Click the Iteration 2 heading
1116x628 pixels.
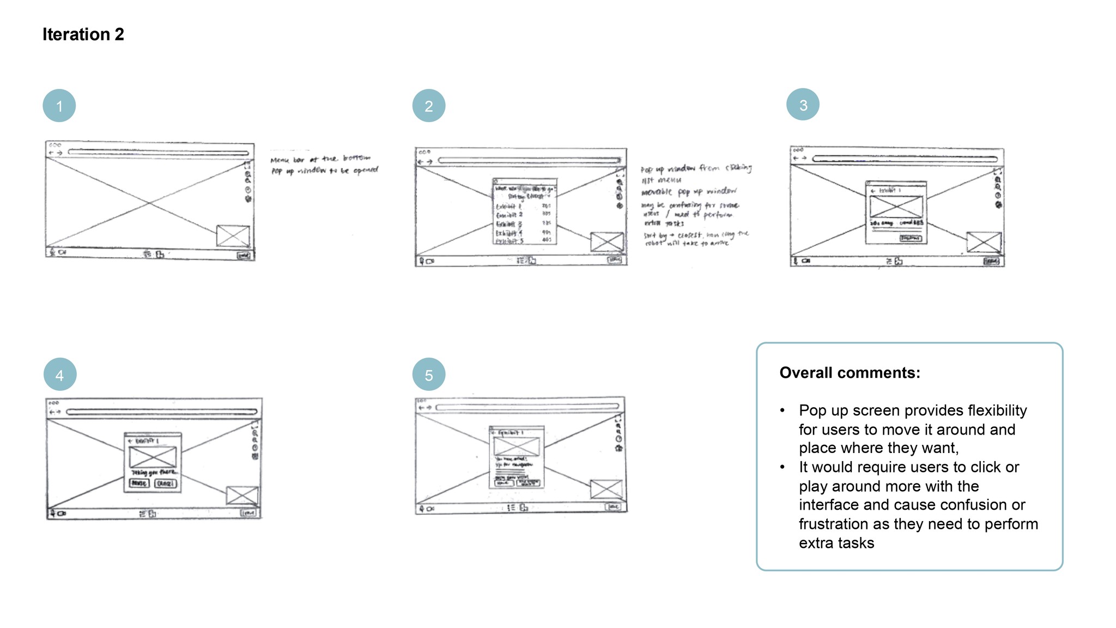[x=83, y=34]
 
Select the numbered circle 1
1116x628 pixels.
[x=59, y=106]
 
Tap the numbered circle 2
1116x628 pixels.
[x=429, y=106]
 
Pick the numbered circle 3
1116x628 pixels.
[x=803, y=105]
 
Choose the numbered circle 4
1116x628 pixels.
[x=60, y=375]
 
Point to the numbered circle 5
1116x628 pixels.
[x=429, y=375]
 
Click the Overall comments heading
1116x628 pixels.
[x=850, y=373]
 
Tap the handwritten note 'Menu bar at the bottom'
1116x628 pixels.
[x=320, y=159]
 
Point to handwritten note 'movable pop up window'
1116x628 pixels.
[x=689, y=192]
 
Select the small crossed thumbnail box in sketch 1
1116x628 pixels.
[x=233, y=236]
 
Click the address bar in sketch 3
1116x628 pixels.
[x=905, y=159]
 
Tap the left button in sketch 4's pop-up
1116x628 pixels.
[x=139, y=484]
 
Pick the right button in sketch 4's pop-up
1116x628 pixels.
[x=166, y=484]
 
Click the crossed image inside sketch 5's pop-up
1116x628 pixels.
[x=516, y=446]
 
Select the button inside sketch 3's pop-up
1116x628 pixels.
[x=911, y=238]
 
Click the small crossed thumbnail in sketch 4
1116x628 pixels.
[x=242, y=496]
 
